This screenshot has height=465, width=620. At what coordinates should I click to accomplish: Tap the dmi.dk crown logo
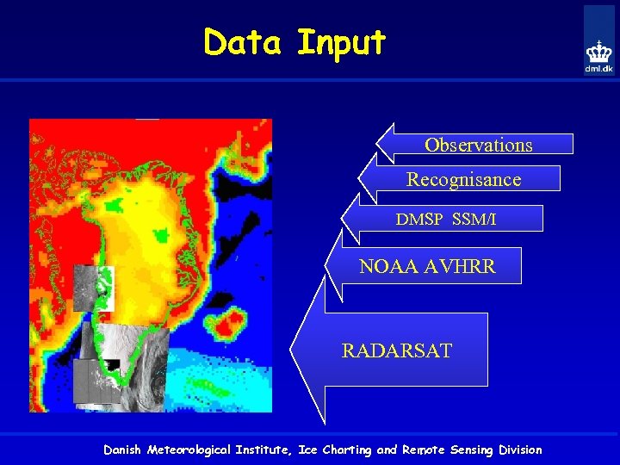[x=598, y=53]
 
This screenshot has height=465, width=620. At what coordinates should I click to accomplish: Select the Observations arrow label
[x=478, y=145]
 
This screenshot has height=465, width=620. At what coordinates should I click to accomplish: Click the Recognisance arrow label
[x=463, y=179]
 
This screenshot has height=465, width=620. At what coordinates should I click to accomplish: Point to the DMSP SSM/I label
[x=446, y=220]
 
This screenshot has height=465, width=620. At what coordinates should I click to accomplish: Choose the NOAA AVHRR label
[x=427, y=267]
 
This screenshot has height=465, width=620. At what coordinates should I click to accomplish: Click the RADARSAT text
[x=396, y=350]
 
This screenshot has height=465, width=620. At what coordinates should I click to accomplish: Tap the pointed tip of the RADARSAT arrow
[x=293, y=350]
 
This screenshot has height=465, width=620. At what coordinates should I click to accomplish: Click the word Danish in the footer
[x=123, y=449]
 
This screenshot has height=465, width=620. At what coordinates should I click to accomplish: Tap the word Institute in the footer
[x=265, y=449]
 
